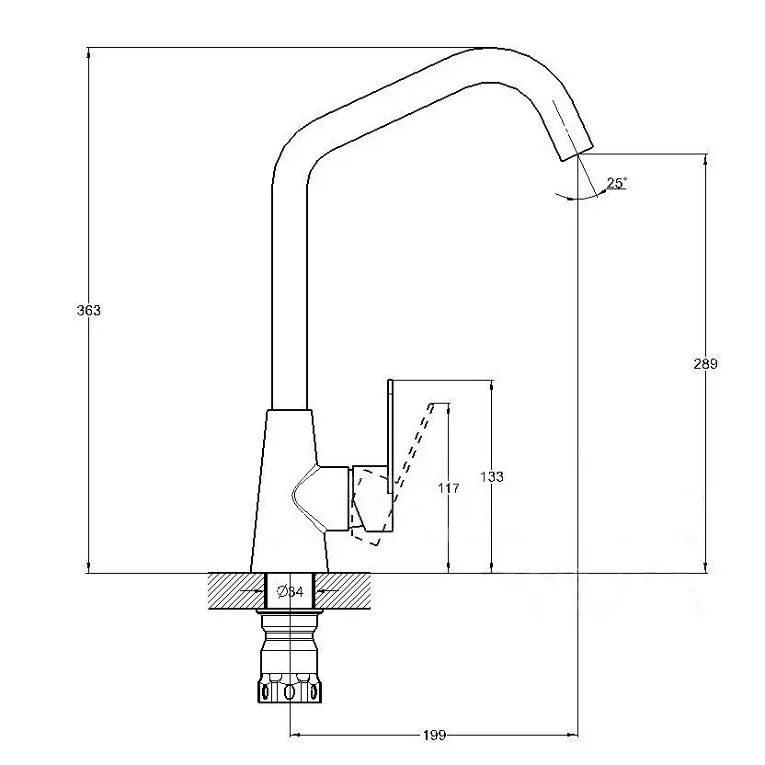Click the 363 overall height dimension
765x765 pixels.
click(x=89, y=310)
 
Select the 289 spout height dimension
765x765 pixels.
click(x=705, y=363)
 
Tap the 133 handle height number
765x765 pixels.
click(x=492, y=476)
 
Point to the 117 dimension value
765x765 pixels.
click(x=449, y=487)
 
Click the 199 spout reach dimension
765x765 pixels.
click(x=434, y=735)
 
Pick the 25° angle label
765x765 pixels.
click(x=617, y=183)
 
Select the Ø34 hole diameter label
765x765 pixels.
click(x=291, y=592)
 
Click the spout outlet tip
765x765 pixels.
click(x=577, y=154)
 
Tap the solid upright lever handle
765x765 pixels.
click(x=390, y=436)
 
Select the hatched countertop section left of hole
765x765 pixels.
click(x=236, y=591)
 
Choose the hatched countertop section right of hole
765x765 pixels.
click(x=342, y=591)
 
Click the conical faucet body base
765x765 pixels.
click(x=289, y=491)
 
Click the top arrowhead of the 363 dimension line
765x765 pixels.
click(x=88, y=52)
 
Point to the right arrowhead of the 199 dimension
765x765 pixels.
click(x=572, y=735)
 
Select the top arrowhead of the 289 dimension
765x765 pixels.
click(x=705, y=160)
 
